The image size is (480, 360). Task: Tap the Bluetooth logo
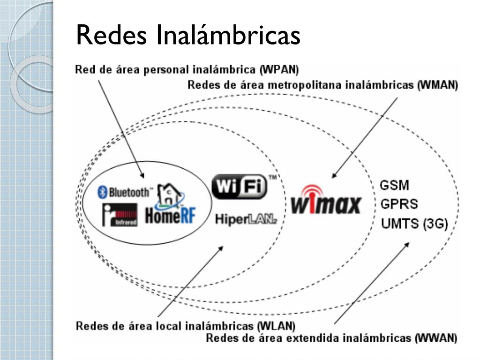point(125,192)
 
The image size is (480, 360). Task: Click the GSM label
point(394,185)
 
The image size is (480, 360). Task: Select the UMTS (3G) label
point(414,224)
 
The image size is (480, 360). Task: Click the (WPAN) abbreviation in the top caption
point(279,70)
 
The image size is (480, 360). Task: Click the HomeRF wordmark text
point(170,216)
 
